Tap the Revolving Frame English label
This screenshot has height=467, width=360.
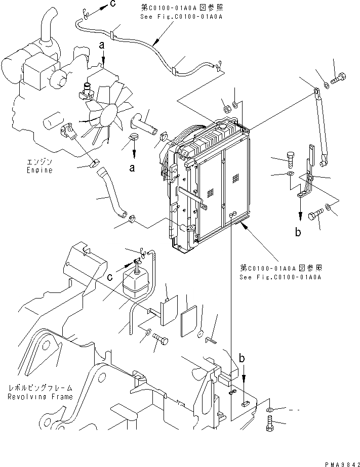click(x=41, y=397)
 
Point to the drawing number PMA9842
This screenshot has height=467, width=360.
click(x=340, y=462)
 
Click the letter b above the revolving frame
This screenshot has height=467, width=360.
click(x=243, y=358)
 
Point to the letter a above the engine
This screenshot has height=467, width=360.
click(x=102, y=46)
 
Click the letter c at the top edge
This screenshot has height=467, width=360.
click(x=112, y=5)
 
